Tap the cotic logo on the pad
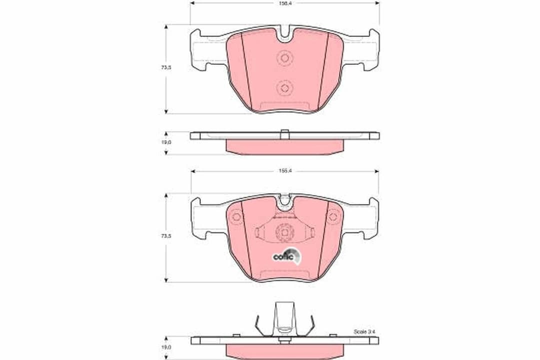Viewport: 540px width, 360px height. [x=286, y=255]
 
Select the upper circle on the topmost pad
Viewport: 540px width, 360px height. [x=284, y=58]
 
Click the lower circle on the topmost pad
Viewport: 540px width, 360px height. [x=284, y=88]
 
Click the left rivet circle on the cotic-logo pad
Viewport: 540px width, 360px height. [x=236, y=216]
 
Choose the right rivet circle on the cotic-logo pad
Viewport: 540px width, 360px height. [x=333, y=216]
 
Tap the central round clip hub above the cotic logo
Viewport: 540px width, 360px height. [x=284, y=232]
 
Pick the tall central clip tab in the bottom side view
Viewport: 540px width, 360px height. [x=284, y=318]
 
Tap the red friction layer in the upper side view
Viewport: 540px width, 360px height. [x=284, y=146]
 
